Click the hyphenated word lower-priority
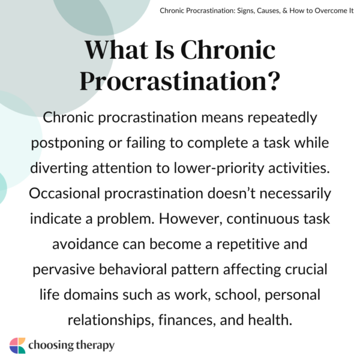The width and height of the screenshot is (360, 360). [x=237, y=169]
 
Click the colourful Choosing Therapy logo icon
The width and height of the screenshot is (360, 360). [x=17, y=346]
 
